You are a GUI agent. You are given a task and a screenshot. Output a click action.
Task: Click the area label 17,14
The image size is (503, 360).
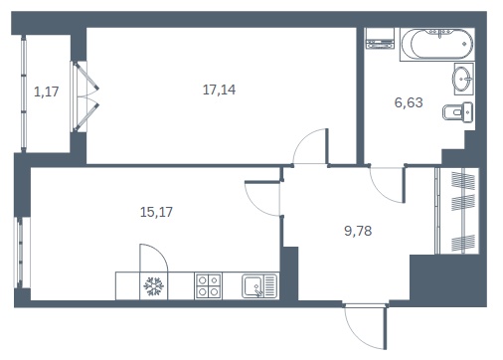coord(219,90)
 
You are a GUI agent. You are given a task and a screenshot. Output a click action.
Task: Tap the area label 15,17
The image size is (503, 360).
coord(156,212)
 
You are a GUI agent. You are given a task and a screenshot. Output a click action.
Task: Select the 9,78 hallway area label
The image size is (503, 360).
coord(358,231)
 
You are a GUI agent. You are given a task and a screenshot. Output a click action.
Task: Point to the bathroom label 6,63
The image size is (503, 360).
coord(409,102)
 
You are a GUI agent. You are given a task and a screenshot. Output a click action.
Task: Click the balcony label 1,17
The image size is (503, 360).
coord(47,91)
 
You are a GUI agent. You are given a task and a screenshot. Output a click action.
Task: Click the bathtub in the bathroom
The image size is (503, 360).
coord(437,45)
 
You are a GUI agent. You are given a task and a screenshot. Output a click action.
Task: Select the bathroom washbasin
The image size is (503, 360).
coord(463,79)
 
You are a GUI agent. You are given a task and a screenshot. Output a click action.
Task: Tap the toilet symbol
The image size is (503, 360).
coord(458,111)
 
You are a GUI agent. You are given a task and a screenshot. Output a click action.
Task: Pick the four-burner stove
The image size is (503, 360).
coord(208,285)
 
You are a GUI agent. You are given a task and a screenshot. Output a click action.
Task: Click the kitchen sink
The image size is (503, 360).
coord(259,286)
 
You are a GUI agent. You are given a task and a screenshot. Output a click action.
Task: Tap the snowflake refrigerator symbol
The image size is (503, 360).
coord(154,286)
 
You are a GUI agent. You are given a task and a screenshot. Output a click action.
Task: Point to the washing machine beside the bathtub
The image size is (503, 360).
coord(380,39)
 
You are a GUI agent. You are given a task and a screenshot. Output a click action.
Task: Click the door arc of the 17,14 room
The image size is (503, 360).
coord(303,138)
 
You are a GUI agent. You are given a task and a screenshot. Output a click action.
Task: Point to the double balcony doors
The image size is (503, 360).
coord(84,96)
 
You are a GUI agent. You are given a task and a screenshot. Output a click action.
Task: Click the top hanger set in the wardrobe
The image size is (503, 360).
coord(463,182)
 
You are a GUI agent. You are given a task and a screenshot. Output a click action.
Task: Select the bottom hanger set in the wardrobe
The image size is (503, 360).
coord(463,244)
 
